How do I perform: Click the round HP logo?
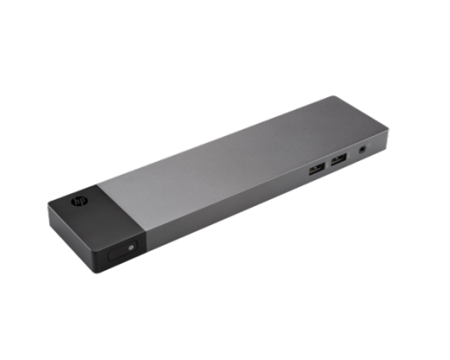(x=79, y=202)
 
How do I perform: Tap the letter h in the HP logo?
(x=77, y=201)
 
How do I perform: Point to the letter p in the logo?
(x=82, y=202)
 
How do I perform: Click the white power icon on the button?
(x=130, y=247)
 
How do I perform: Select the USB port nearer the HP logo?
(x=317, y=169)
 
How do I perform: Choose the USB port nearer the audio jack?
(x=338, y=159)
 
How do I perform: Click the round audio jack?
(x=363, y=148)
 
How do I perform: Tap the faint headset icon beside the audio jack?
(x=369, y=146)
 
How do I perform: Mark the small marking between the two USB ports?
(x=328, y=165)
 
